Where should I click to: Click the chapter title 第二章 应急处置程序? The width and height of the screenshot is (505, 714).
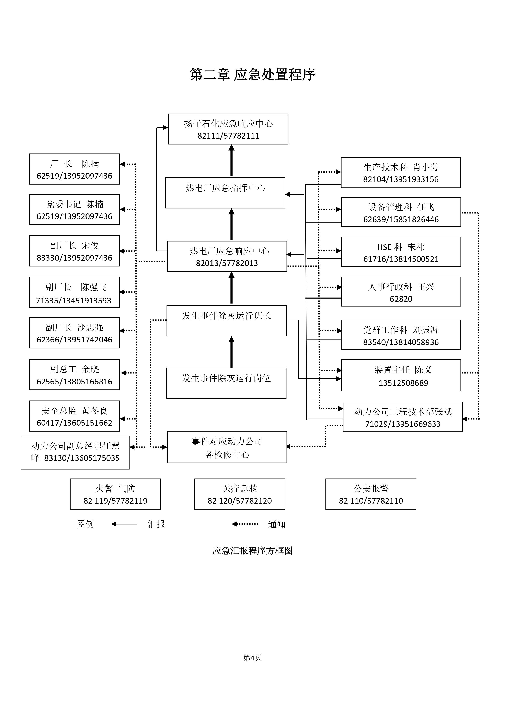[x=252, y=75]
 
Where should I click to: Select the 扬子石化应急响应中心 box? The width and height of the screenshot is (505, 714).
[x=228, y=129]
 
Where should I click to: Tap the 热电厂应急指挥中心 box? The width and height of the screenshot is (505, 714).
[x=225, y=193]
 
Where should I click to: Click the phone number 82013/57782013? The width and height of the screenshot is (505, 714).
[x=227, y=263]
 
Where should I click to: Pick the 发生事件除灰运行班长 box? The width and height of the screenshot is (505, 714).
[x=226, y=321]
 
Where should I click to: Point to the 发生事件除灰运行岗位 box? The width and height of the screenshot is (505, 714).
[x=226, y=383]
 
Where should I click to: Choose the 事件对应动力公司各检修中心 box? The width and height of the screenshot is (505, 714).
[x=227, y=447]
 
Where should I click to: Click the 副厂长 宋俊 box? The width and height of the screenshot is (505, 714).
[x=74, y=251]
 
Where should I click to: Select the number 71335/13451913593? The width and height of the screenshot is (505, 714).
[x=73, y=300]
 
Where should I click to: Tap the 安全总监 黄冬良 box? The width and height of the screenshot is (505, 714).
[x=74, y=416]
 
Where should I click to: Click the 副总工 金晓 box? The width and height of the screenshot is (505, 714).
[x=74, y=375]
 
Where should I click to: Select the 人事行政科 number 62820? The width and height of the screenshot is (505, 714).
[x=401, y=299]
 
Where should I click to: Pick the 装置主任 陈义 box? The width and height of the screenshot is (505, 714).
[x=401, y=375]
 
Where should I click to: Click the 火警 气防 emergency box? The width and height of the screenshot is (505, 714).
[x=115, y=494]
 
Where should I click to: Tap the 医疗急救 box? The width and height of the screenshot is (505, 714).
[x=240, y=494]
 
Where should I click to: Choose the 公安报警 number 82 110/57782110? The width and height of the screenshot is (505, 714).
[x=371, y=501]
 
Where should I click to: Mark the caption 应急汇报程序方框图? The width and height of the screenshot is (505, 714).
[x=252, y=551]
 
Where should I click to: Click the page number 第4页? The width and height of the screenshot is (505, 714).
[x=252, y=658]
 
